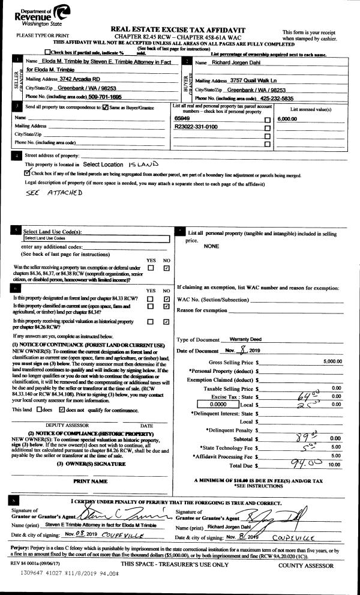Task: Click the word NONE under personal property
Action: click(212, 246)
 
